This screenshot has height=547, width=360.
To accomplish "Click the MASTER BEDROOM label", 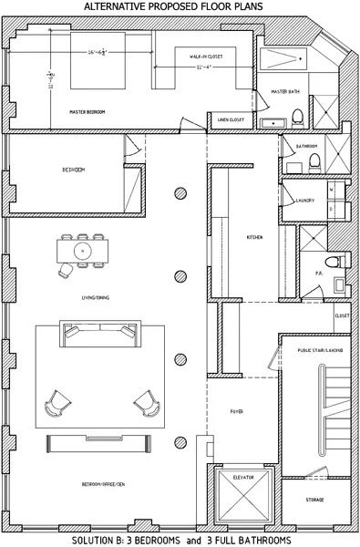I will pos(87,112).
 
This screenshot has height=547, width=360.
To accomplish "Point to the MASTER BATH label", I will pos(287,91).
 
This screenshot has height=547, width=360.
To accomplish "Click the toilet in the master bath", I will pos(296,117).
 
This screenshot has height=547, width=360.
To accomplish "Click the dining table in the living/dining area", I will pos(83,249).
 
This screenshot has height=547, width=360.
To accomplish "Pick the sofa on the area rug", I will pos(95,334).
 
